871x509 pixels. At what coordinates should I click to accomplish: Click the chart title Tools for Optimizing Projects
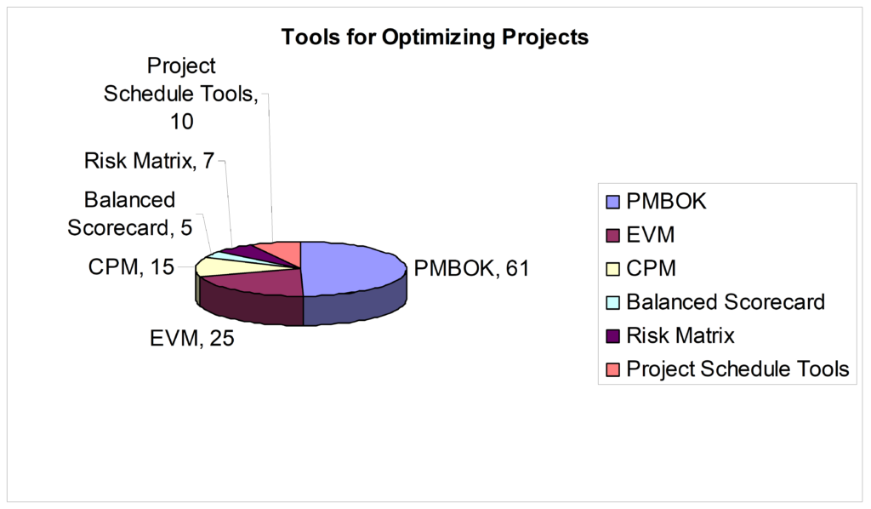(x=435, y=37)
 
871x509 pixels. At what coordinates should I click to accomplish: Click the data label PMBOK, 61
(x=471, y=269)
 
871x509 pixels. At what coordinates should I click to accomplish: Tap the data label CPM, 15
(x=131, y=268)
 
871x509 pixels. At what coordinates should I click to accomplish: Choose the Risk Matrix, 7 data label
(x=148, y=160)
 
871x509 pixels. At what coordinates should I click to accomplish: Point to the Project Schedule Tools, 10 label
(x=181, y=94)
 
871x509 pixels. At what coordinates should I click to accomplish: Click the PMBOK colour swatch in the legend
(x=613, y=203)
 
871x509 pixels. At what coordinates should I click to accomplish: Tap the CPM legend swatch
(x=613, y=269)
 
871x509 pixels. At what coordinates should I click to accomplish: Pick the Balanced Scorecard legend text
(x=726, y=302)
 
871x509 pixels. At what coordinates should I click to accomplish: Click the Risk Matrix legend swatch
(x=613, y=335)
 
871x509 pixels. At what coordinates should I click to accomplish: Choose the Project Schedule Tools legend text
(x=737, y=369)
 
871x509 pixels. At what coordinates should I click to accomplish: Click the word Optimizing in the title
(x=422, y=37)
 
